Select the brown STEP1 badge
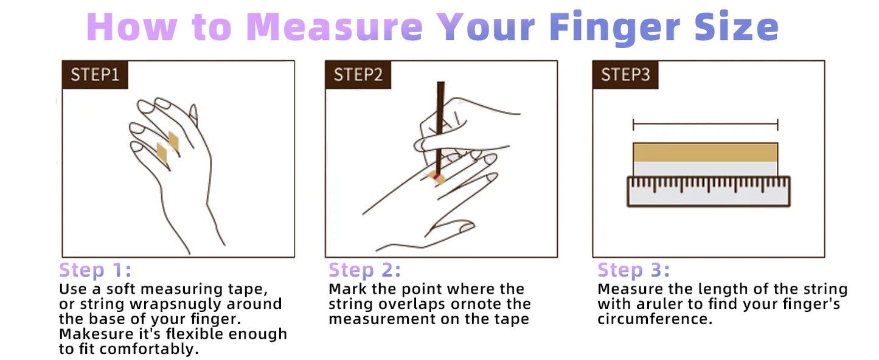click(x=95, y=75)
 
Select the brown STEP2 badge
click(x=358, y=75)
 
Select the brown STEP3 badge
click(x=625, y=75)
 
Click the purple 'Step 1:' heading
click(x=95, y=270)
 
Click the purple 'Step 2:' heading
click(x=364, y=270)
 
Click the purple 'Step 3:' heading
click(x=633, y=270)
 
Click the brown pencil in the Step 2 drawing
click(x=439, y=122)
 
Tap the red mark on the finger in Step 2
click(x=436, y=176)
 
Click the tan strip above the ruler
click(x=705, y=151)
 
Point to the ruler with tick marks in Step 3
click(x=708, y=191)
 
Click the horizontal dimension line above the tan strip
click(x=705, y=125)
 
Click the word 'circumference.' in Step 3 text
click(x=655, y=319)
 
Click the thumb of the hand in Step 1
click(x=193, y=114)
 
